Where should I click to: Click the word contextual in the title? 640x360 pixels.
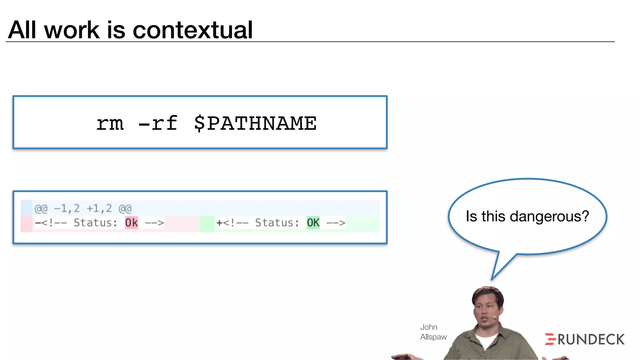(192, 30)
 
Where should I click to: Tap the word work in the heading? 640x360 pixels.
(72, 30)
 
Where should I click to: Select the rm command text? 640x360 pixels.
(110, 123)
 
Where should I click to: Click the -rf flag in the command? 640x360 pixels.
(158, 123)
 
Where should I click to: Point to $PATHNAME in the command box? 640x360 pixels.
(255, 123)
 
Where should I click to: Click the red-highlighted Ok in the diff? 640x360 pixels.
(131, 223)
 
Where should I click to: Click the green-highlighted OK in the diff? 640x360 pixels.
(313, 223)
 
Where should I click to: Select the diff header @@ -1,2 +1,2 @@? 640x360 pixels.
(83, 208)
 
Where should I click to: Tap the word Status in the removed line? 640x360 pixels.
(95, 223)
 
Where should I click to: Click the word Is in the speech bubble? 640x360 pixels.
(471, 216)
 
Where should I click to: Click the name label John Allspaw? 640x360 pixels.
(433, 332)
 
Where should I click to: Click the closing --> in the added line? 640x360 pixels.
(336, 223)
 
